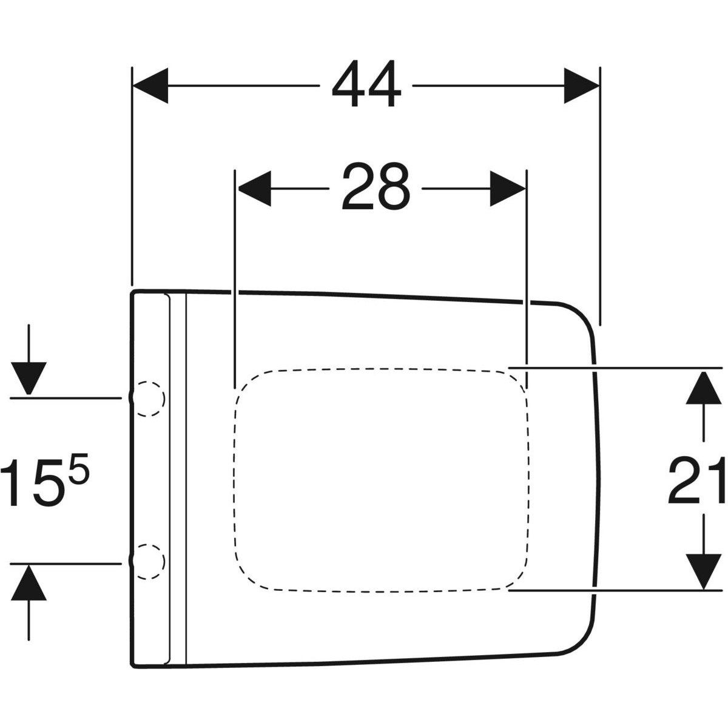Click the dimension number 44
(366, 84)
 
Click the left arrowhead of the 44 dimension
(150, 86)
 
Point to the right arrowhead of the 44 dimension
(581, 86)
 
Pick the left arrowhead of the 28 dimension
(254, 188)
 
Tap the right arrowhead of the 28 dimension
(507, 188)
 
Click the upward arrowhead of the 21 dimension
(703, 388)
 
